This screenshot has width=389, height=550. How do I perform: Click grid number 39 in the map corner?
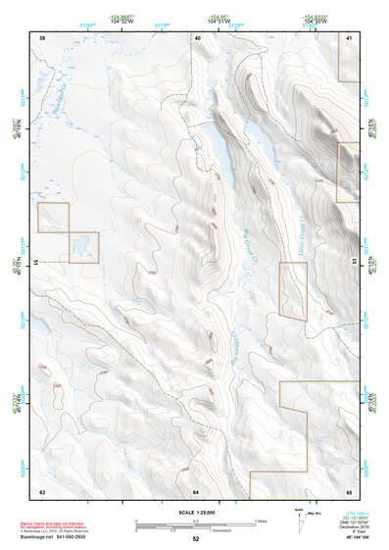pyautogui.click(x=42, y=36)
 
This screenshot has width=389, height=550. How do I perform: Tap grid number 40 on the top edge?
pyautogui.click(x=197, y=36)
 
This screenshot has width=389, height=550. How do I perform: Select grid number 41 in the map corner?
pyautogui.click(x=350, y=36)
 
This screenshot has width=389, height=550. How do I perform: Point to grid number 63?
pyautogui.click(x=42, y=490)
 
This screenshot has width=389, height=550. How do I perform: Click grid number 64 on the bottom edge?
pyautogui.click(x=196, y=490)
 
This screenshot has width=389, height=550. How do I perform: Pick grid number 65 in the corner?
pyautogui.click(x=349, y=490)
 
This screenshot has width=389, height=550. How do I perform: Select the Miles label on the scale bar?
pyautogui.click(x=260, y=521)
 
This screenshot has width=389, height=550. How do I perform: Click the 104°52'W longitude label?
pyautogui.click(x=122, y=20)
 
